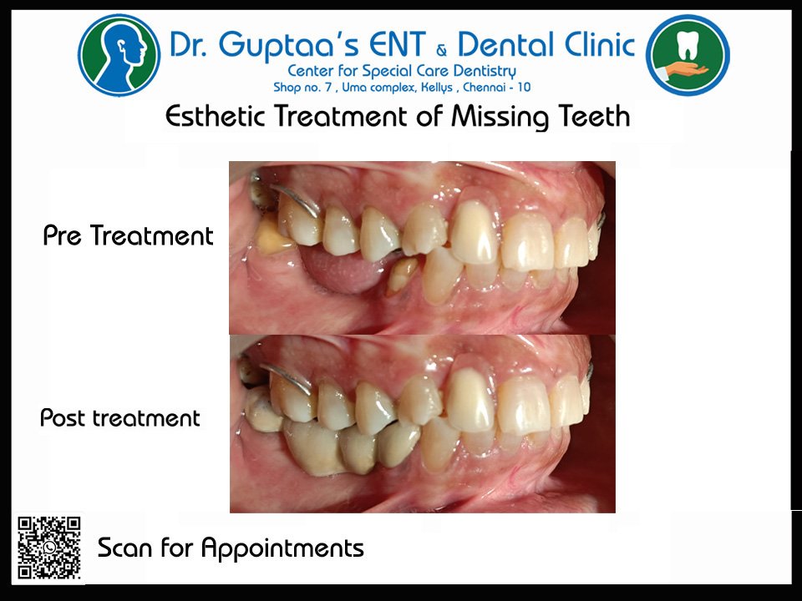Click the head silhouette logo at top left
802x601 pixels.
(119, 54)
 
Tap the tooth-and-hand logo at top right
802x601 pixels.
(688, 54)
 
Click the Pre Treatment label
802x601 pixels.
(128, 236)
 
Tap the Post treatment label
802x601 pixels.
(120, 417)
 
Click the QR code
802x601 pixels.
(49, 548)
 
